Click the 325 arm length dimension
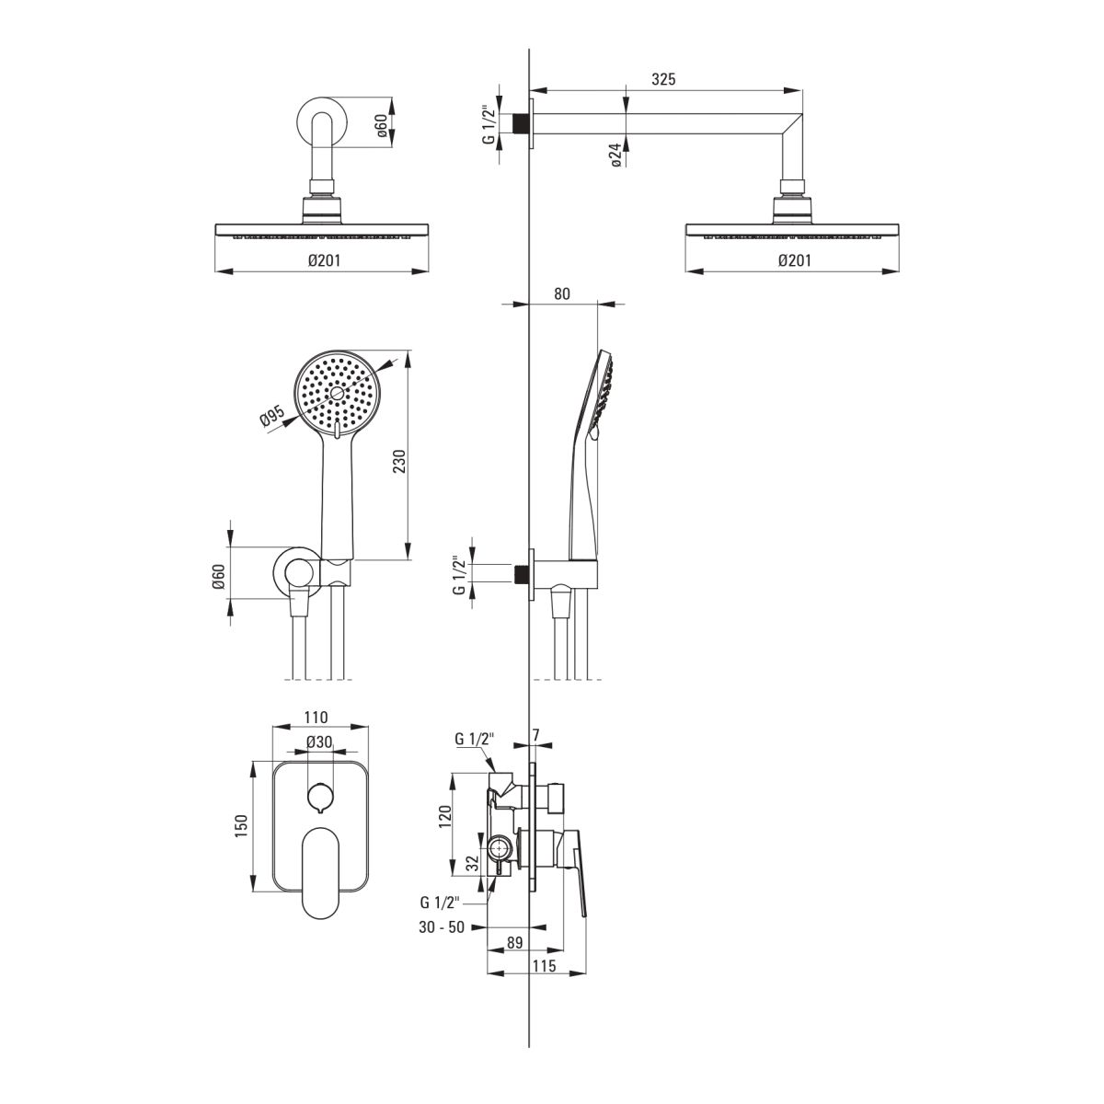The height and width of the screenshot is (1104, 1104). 663,79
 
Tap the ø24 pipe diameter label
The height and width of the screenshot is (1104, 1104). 615,155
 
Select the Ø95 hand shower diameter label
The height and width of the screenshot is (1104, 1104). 272,416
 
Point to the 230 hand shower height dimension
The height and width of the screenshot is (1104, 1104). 399,461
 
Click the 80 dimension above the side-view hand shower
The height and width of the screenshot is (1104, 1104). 562,293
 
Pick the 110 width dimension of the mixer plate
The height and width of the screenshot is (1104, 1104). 316,717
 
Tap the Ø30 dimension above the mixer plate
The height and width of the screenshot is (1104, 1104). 319,742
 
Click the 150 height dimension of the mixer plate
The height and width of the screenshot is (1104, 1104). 241,826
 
